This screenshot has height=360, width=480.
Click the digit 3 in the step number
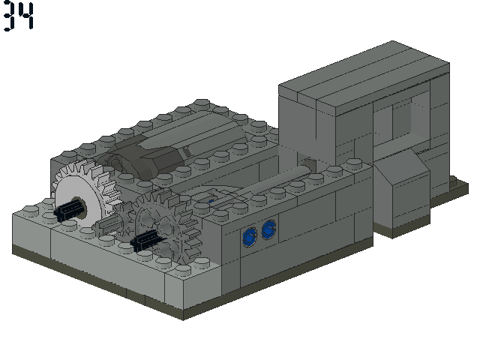[x=9, y=16]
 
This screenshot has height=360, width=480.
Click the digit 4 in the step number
[x=25, y=16]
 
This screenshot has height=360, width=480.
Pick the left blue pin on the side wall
[x=250, y=237]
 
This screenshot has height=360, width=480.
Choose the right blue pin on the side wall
[x=269, y=229]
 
